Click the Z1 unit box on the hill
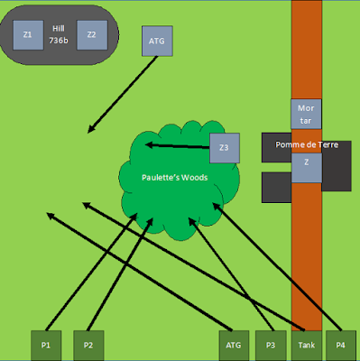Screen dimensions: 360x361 pos(28,35)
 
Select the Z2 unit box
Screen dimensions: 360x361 pos(92,35)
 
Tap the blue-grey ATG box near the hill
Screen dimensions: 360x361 pos(157,41)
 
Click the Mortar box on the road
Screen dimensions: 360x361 pos(306,114)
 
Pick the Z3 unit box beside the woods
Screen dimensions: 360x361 pos(225,148)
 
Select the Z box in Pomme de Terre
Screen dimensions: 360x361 pos(307,168)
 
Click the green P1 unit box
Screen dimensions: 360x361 pos(46,346)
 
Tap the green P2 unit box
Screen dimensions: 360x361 pos(88,346)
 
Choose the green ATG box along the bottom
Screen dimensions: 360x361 pos(234,346)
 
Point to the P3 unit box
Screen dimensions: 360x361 pos(271,346)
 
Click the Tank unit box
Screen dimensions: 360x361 pos(307,346)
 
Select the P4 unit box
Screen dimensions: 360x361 pos(341,346)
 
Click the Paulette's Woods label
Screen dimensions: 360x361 pos(175,178)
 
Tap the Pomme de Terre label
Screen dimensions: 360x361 pos(307,144)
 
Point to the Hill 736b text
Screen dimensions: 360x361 pos(59,34)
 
